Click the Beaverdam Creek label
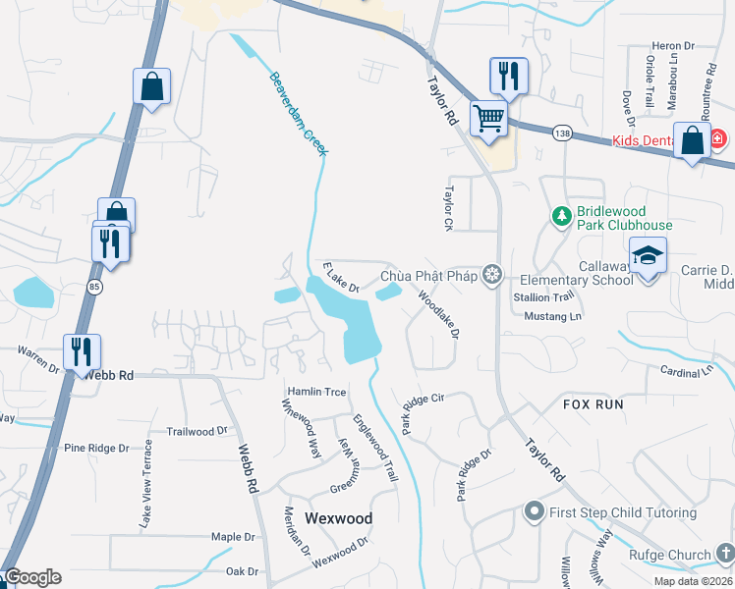tap(300, 111)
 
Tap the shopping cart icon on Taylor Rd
tap(488, 120)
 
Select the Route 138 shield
tap(561, 134)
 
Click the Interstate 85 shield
tap(94, 287)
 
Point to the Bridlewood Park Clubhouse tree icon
tap(561, 215)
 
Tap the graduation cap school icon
tap(648, 256)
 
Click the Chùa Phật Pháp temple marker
tap(491, 274)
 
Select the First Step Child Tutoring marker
tap(535, 510)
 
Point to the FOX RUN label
tap(594, 404)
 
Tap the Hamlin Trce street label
tap(315, 392)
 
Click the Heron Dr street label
tap(673, 46)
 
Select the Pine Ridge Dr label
tap(96, 448)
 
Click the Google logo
tap(32, 577)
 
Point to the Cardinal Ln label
tap(686, 371)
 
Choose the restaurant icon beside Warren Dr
tap(82, 351)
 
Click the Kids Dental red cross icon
tap(717, 139)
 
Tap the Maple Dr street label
tap(233, 537)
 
